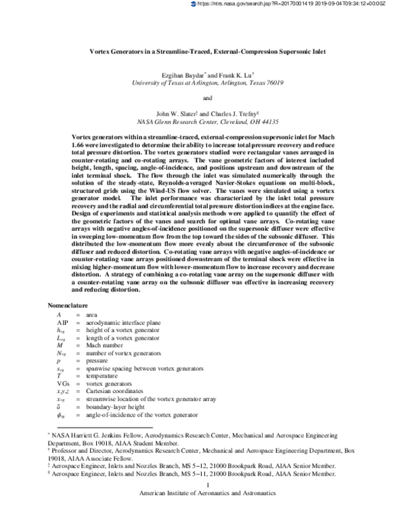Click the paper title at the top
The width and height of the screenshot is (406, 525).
pos(202,51)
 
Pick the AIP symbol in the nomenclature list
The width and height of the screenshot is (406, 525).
pos(62,323)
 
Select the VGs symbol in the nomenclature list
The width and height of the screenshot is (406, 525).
pos(63,383)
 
